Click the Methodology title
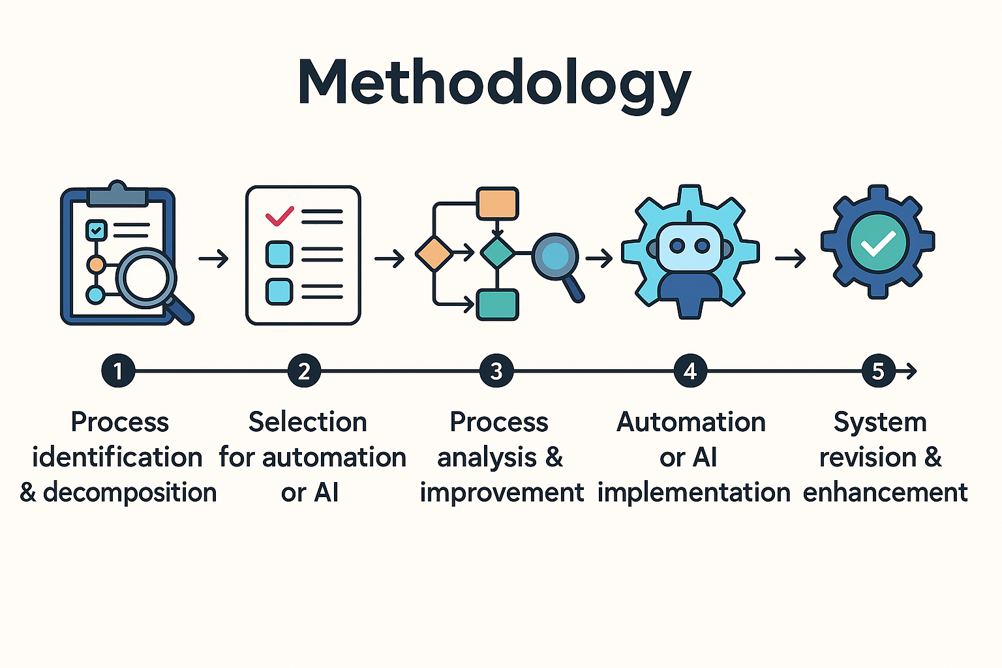tap(494, 84)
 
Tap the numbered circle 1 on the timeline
tap(118, 371)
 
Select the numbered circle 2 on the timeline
tap(304, 371)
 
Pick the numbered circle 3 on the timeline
tap(496, 371)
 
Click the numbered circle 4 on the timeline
tap(690, 371)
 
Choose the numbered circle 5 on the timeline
tap(879, 371)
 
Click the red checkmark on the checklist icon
tap(280, 216)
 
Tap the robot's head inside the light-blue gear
tap(690, 246)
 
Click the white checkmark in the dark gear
tap(878, 243)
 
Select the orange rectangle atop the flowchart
tap(498, 204)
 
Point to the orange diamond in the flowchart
tap(434, 254)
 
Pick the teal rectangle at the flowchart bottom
tap(498, 305)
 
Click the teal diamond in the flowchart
tap(498, 253)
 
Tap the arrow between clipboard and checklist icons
tap(214, 258)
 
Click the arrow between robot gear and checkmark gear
tap(791, 258)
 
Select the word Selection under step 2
tap(308, 422)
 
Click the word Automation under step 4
tap(691, 422)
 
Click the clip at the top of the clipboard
tap(117, 194)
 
